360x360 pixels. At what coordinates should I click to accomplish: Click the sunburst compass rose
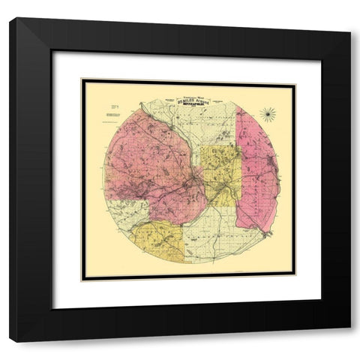coord(267,112)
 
